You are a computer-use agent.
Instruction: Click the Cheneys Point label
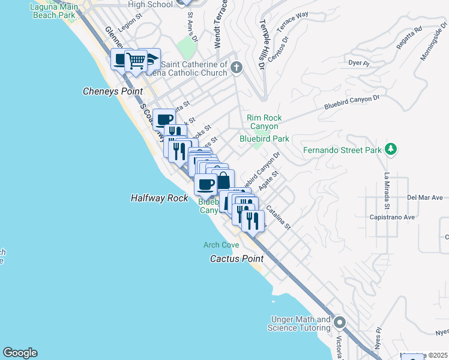tap(112, 91)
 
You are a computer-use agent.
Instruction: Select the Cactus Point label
tap(237, 259)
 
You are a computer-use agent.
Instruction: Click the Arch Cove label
tap(221, 245)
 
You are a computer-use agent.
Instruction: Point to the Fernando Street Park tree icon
tap(391, 149)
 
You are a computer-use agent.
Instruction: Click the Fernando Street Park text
tap(342, 149)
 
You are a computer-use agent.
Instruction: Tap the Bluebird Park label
tap(264, 139)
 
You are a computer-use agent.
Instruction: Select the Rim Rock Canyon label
tap(264, 122)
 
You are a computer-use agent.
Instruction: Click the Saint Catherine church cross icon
tap(236, 67)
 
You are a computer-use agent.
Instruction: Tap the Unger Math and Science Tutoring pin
tap(340, 323)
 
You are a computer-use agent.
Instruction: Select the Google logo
tap(20, 353)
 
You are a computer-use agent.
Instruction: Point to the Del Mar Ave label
tap(424, 197)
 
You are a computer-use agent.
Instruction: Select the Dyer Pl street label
tap(358, 62)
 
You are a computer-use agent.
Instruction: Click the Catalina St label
tap(278, 218)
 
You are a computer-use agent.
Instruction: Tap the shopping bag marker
tap(223, 180)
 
